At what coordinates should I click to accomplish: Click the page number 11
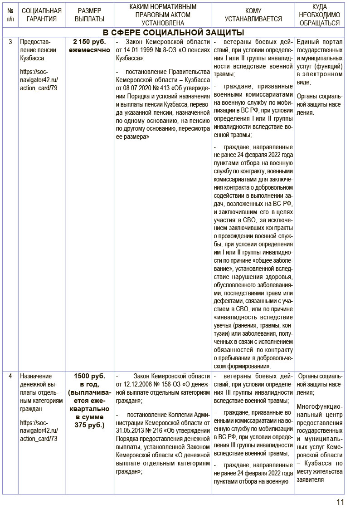click(341, 501)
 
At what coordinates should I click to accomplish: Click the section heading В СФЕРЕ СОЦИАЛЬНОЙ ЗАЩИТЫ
click(173, 32)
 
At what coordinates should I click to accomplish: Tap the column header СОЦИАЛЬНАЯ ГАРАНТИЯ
click(41, 15)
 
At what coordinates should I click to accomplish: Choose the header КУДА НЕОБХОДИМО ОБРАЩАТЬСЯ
click(320, 15)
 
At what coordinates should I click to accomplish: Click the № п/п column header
click(10, 15)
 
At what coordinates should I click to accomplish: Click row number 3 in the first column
click(10, 42)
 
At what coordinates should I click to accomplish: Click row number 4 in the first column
click(10, 376)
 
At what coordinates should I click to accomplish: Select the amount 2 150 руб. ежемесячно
click(89, 46)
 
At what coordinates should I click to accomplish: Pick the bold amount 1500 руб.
click(89, 376)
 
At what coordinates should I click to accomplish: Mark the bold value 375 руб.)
click(89, 425)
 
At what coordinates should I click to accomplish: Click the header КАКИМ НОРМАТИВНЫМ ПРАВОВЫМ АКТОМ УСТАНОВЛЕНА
click(162, 15)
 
